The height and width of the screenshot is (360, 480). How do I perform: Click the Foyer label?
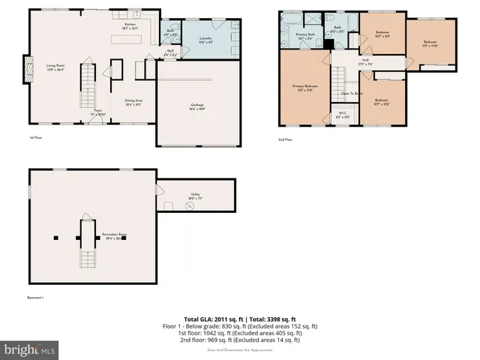pos(97,112)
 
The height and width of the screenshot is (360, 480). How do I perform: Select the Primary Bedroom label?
pos(302,88)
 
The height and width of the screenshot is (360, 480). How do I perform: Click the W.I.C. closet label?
pos(341,116)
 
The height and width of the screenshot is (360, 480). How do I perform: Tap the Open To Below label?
pos(352,94)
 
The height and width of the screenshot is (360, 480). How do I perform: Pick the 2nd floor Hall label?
pos(366,61)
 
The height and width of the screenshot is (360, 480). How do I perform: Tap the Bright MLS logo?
pos(30,350)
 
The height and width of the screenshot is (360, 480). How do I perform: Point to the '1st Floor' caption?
pos(34,138)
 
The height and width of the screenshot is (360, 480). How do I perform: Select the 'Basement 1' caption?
pos(35,298)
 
